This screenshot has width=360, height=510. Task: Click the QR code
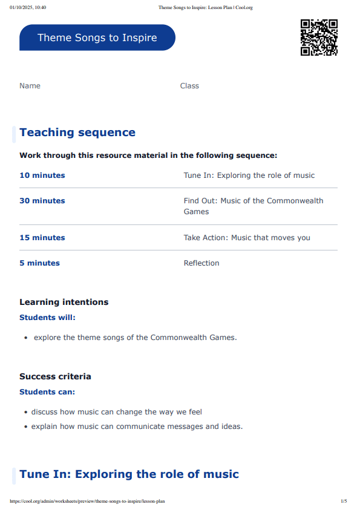[x=319, y=38]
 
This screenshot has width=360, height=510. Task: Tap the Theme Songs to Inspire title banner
[x=97, y=38]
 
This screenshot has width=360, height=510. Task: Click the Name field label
[x=30, y=86]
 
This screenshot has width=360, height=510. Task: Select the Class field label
[x=189, y=86]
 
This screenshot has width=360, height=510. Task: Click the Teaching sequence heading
[x=77, y=132]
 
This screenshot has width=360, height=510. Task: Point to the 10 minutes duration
[x=42, y=175]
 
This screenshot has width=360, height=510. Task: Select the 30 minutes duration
[x=42, y=201]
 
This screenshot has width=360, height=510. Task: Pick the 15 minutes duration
[x=42, y=238]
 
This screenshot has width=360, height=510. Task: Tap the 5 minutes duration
[x=39, y=263]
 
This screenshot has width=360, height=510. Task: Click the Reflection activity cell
[x=201, y=263]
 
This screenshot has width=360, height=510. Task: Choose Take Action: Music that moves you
[x=247, y=238]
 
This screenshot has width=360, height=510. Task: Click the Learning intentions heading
[x=64, y=302]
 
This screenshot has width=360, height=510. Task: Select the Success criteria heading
[x=55, y=376]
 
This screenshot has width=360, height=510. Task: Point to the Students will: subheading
[x=47, y=317]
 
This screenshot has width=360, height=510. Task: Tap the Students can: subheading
[x=47, y=391]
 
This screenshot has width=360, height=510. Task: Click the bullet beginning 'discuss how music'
[x=117, y=412]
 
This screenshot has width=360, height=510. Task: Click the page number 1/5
[x=344, y=501]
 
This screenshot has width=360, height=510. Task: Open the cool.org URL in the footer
[x=87, y=501]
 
